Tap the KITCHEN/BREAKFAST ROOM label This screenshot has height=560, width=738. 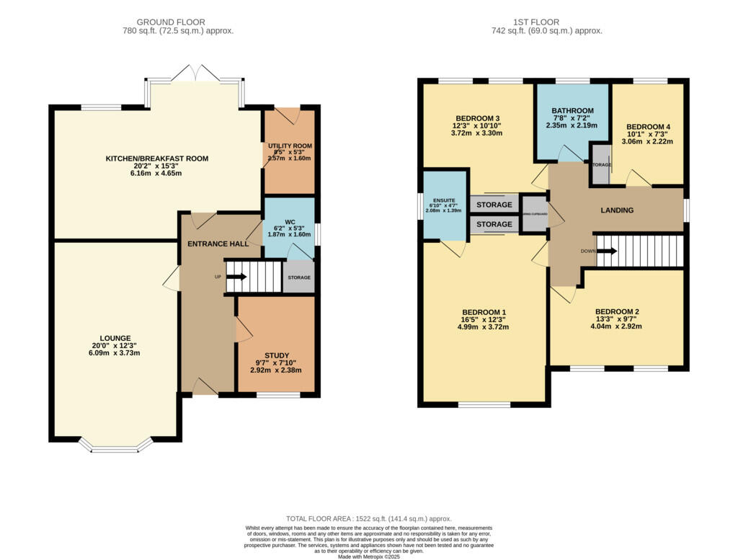[157, 159]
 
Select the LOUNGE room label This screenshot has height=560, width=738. [115, 338]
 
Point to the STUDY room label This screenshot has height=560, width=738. [277, 355]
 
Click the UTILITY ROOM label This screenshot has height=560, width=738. [290, 146]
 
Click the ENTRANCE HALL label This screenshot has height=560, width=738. [218, 244]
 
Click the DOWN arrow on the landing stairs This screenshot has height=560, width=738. [604, 252]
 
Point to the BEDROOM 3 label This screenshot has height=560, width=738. [477, 118]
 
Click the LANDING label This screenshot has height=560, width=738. [617, 210]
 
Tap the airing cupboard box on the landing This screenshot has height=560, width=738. [535, 214]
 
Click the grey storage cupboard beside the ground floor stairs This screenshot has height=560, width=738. [298, 277]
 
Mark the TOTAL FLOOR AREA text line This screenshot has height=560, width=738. [368, 518]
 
